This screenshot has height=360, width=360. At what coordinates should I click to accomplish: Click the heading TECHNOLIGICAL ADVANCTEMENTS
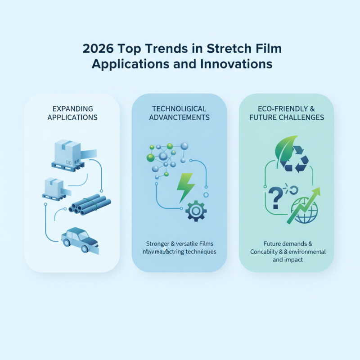coord(180,113)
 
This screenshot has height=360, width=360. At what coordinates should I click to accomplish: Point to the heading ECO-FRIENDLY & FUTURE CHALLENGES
coord(286,113)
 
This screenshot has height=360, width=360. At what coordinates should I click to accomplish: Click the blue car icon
coord(80,237)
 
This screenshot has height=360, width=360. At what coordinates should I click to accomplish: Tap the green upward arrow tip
coord(317,191)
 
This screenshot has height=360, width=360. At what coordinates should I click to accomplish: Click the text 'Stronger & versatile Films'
coord(180,243)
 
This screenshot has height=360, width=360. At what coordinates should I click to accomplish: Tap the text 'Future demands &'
coord(286,243)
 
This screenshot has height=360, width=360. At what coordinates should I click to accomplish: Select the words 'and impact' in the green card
coord(286,260)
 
